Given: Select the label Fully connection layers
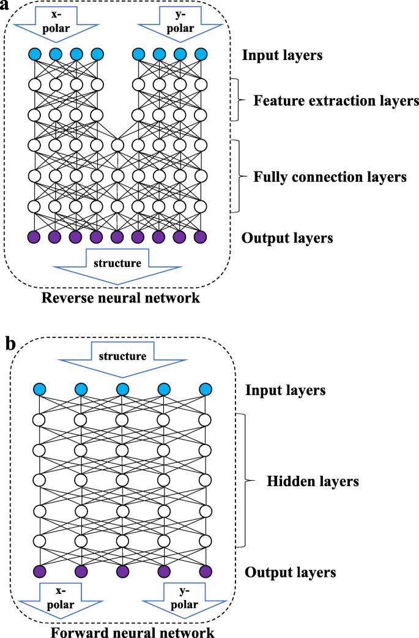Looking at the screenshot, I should (x=330, y=178).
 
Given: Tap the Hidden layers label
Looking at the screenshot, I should (x=313, y=482).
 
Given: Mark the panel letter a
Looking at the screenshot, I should (x=9, y=7).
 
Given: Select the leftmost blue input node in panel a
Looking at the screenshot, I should (x=34, y=54).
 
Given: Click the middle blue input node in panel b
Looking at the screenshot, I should (x=122, y=389).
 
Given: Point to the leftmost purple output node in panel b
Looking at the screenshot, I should (x=40, y=571).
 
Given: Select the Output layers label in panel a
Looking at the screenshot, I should (x=287, y=238).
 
